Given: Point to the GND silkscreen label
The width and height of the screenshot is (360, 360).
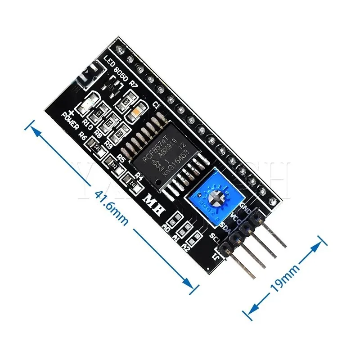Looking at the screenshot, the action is click(246, 208).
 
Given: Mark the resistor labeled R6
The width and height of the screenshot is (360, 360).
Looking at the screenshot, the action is click(95, 145).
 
